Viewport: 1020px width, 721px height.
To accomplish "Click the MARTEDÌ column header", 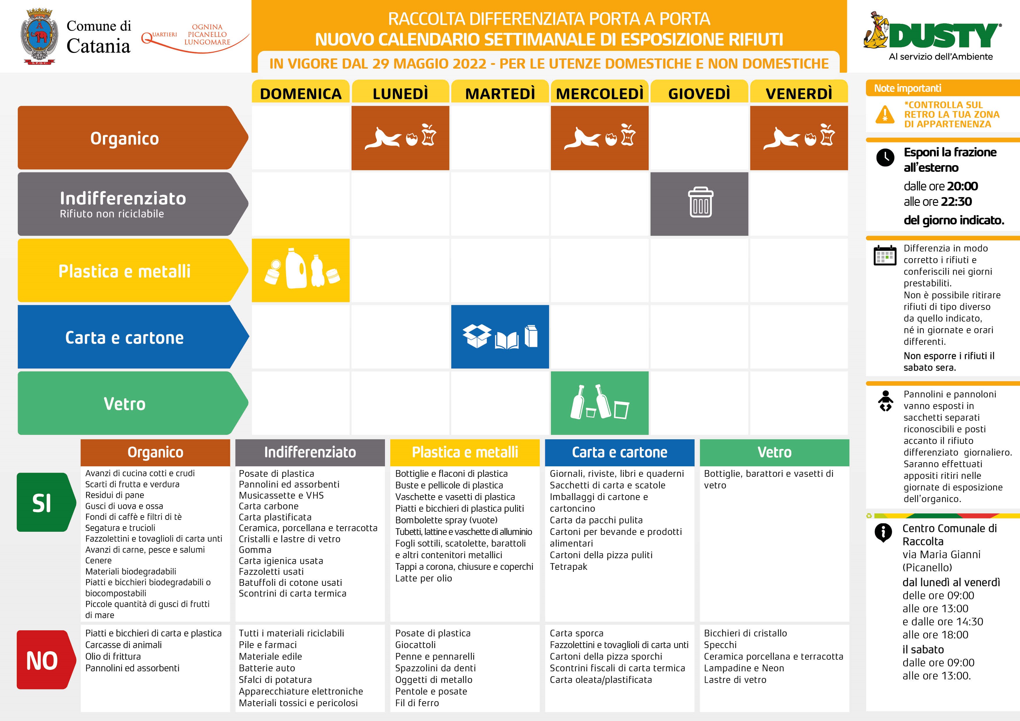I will click(x=500, y=93).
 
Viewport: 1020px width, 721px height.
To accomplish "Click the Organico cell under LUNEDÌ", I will click(x=400, y=138).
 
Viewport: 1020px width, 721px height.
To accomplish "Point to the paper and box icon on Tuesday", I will click(x=500, y=337).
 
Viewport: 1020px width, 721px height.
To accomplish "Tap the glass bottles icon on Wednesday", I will click(x=599, y=402).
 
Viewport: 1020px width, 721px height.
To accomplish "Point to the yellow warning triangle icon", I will click(x=885, y=115).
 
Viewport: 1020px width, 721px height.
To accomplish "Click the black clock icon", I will click(x=885, y=158).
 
